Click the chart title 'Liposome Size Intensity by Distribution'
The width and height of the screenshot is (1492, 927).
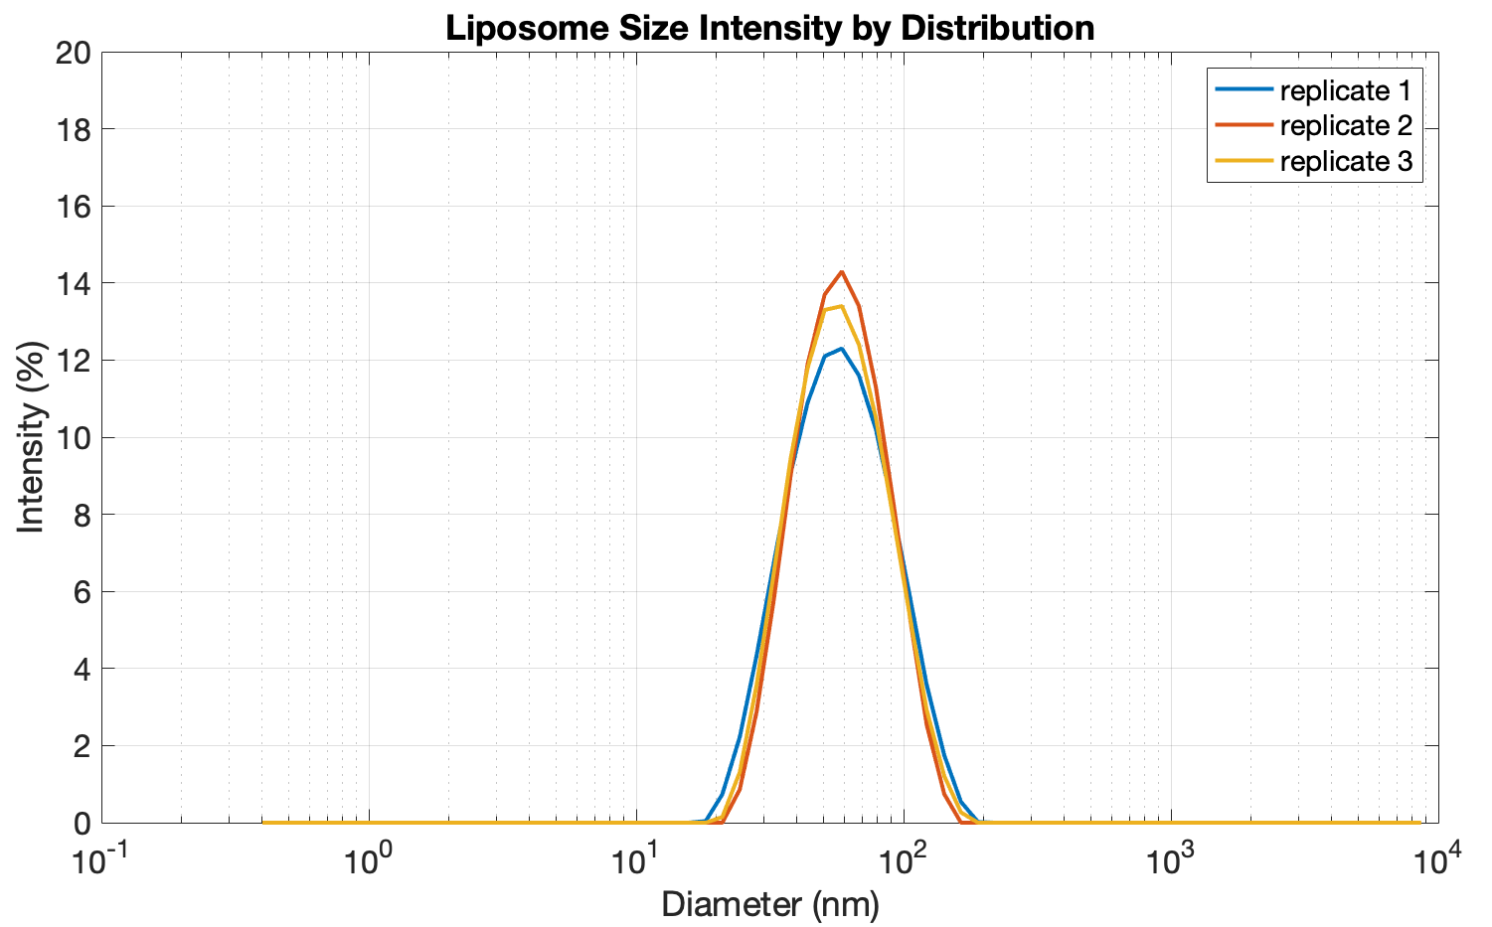769,27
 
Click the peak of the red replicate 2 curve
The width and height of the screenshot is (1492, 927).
842,271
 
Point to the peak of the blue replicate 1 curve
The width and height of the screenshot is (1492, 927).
842,349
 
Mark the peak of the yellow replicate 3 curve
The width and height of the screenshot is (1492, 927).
841,306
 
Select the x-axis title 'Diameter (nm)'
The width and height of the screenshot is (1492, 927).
770,904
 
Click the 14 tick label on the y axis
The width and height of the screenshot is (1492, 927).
74,283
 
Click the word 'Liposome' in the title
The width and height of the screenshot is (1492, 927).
510,27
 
